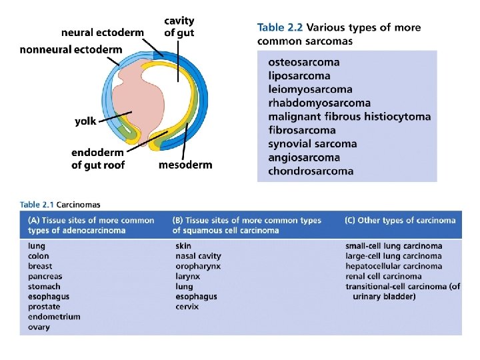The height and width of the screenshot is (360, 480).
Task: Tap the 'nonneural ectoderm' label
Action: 71,49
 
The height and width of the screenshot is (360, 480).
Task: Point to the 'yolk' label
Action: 85,121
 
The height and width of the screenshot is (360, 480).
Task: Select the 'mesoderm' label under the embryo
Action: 185,165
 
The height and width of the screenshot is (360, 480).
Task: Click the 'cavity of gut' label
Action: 179,26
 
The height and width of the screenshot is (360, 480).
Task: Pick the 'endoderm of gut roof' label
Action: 98,159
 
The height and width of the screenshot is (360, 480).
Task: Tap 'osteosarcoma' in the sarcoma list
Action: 304,62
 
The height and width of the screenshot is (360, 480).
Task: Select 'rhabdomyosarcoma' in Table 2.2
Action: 319,103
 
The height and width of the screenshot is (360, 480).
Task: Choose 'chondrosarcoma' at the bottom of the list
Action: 311,171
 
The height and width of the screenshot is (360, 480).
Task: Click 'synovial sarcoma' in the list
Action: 313,143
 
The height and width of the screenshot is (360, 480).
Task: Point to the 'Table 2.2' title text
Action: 280,27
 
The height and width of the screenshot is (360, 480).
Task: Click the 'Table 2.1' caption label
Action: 38,205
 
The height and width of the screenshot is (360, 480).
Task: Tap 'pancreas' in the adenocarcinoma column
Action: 45,276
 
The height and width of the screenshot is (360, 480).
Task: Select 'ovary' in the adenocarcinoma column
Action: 39,327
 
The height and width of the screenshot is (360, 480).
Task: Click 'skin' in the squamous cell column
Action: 183,246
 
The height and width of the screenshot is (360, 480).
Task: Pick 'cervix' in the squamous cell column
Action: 187,307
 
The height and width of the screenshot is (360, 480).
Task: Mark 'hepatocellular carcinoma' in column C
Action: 393,266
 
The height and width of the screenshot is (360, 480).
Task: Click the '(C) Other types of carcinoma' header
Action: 400,220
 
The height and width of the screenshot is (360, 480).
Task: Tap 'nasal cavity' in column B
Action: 198,256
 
